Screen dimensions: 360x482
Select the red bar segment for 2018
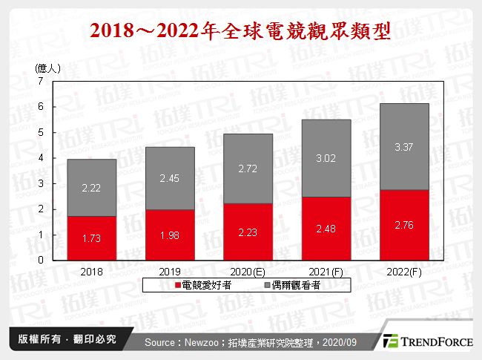click(x=91, y=238)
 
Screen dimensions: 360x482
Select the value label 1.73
click(x=91, y=238)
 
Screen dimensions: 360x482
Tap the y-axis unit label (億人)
click(x=47, y=67)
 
